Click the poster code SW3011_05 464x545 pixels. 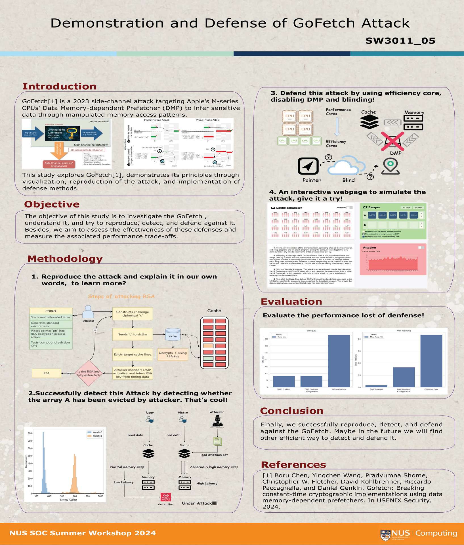[400, 41]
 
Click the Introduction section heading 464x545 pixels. [59, 86]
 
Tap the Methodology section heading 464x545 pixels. [65, 259]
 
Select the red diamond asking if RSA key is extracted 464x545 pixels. [89, 373]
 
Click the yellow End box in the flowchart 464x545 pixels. [47, 373]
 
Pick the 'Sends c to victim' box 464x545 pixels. [133, 334]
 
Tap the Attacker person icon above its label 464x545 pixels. [88, 312]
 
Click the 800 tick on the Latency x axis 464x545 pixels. [75, 496]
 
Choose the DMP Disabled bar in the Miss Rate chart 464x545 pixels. [404, 377]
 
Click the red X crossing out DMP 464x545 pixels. [392, 141]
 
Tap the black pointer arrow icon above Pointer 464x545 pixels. [308, 166]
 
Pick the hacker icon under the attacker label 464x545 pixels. [217, 421]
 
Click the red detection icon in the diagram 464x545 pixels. [166, 497]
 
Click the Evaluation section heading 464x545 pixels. [291, 301]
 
